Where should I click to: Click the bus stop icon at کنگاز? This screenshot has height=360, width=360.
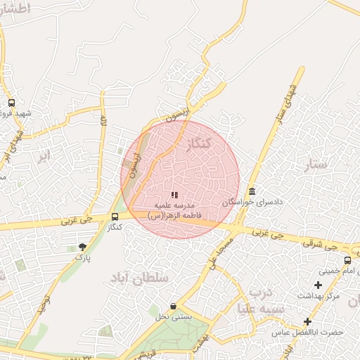[x=115, y=217]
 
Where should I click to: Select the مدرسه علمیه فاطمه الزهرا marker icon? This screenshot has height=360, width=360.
[x=174, y=195]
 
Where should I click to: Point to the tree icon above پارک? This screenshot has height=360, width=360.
[x=83, y=247]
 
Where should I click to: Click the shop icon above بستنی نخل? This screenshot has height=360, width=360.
[x=174, y=306]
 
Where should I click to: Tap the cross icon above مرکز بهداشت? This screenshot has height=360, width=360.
[x=318, y=285]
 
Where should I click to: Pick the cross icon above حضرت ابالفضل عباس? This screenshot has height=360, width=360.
[x=307, y=321]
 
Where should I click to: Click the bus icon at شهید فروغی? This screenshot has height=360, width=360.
[x=11, y=103]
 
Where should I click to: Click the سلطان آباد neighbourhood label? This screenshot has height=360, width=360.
[x=140, y=279]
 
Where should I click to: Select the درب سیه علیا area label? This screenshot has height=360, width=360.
[x=261, y=300]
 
